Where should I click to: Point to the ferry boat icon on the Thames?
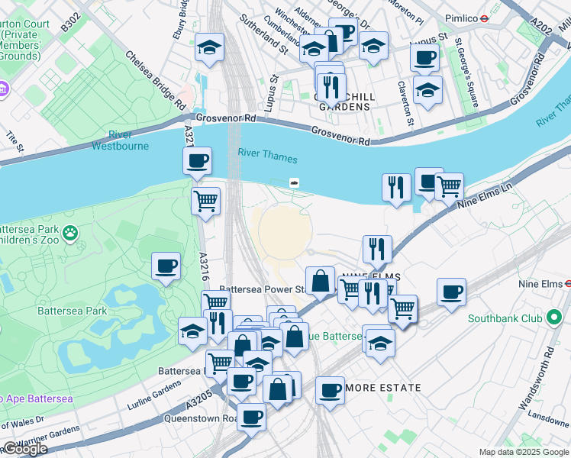click(x=293, y=182)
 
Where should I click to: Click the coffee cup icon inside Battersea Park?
click(x=166, y=266)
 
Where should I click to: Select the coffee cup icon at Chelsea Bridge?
click(x=197, y=161)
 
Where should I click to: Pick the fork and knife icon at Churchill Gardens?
click(x=331, y=86)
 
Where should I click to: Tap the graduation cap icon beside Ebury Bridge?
click(x=209, y=47)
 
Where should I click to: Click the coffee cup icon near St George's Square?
click(x=424, y=56)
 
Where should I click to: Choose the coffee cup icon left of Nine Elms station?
click(x=451, y=292)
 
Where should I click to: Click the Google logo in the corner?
click(x=24, y=449)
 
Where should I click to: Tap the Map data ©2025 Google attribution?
click(x=523, y=452)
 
